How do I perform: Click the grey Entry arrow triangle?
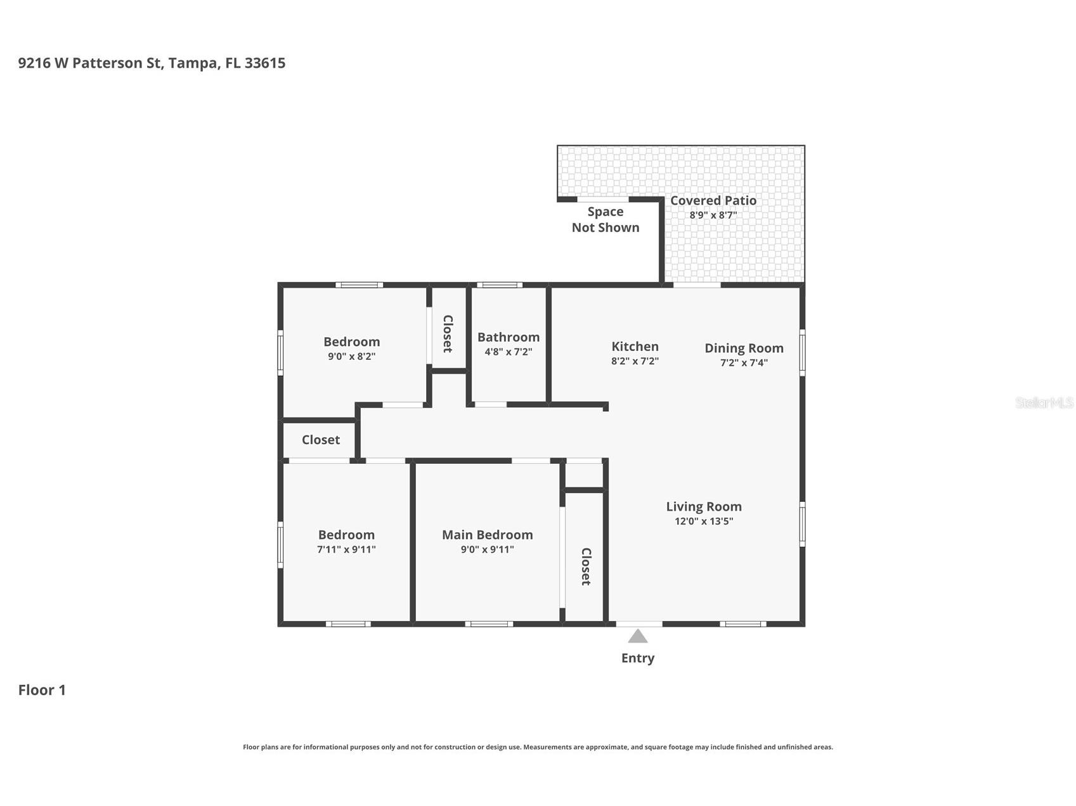638,636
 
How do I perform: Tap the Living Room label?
704,506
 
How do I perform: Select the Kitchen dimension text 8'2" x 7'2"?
635,361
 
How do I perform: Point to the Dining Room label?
744,349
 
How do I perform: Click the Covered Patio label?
713,200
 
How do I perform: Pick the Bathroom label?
509,337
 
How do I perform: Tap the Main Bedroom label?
488,535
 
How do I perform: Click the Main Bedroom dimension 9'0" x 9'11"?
488,549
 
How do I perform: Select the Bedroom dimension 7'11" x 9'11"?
346,549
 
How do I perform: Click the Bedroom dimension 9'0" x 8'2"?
352,356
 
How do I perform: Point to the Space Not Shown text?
606,219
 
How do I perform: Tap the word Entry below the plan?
638,658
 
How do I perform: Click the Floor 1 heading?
42,690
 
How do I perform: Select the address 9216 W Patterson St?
90,63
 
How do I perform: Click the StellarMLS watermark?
1044,402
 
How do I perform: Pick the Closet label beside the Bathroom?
448,334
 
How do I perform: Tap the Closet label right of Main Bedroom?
586,566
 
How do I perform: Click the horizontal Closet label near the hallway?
321,440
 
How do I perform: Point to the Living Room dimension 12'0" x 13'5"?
704,521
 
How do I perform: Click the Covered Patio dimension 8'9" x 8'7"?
713,215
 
